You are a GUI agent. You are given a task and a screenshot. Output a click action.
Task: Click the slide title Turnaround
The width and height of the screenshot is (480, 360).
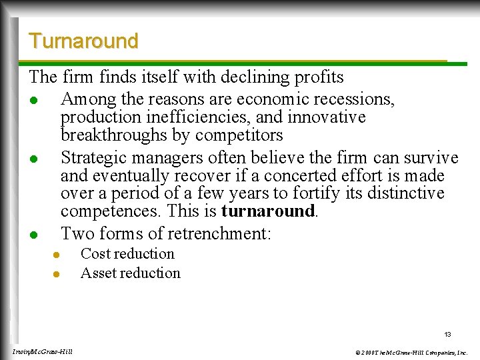pos(83,41)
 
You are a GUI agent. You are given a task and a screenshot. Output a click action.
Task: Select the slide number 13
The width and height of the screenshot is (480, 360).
pos(447,333)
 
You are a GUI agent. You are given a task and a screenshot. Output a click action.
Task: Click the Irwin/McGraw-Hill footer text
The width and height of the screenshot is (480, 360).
pos(43,351)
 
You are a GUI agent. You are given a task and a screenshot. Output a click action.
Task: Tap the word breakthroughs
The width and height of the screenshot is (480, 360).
pos(106,135)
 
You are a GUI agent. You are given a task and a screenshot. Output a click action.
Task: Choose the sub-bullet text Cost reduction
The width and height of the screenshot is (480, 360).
pos(127,254)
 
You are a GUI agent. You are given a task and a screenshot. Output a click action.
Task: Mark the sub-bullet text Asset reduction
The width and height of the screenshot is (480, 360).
pos(130,273)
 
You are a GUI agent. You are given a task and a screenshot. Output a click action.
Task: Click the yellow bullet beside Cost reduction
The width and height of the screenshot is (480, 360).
pos(57,255)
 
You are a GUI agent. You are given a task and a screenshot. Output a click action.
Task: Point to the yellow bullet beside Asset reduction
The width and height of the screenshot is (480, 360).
pos(57,274)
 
